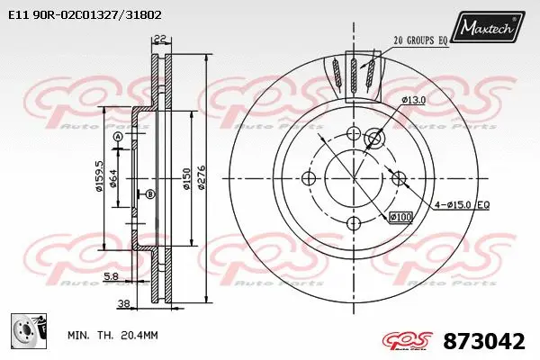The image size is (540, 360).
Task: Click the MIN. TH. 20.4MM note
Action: pos(112,335)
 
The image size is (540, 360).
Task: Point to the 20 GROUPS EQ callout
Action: pos(419,40)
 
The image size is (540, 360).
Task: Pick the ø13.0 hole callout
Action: pos(413,100)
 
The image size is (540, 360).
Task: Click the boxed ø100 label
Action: pos(400,217)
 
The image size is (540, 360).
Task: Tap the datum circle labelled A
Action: pos(118,136)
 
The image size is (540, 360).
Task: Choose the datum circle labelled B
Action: pos(150,194)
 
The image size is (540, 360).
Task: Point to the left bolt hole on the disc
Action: pos(309,179)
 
